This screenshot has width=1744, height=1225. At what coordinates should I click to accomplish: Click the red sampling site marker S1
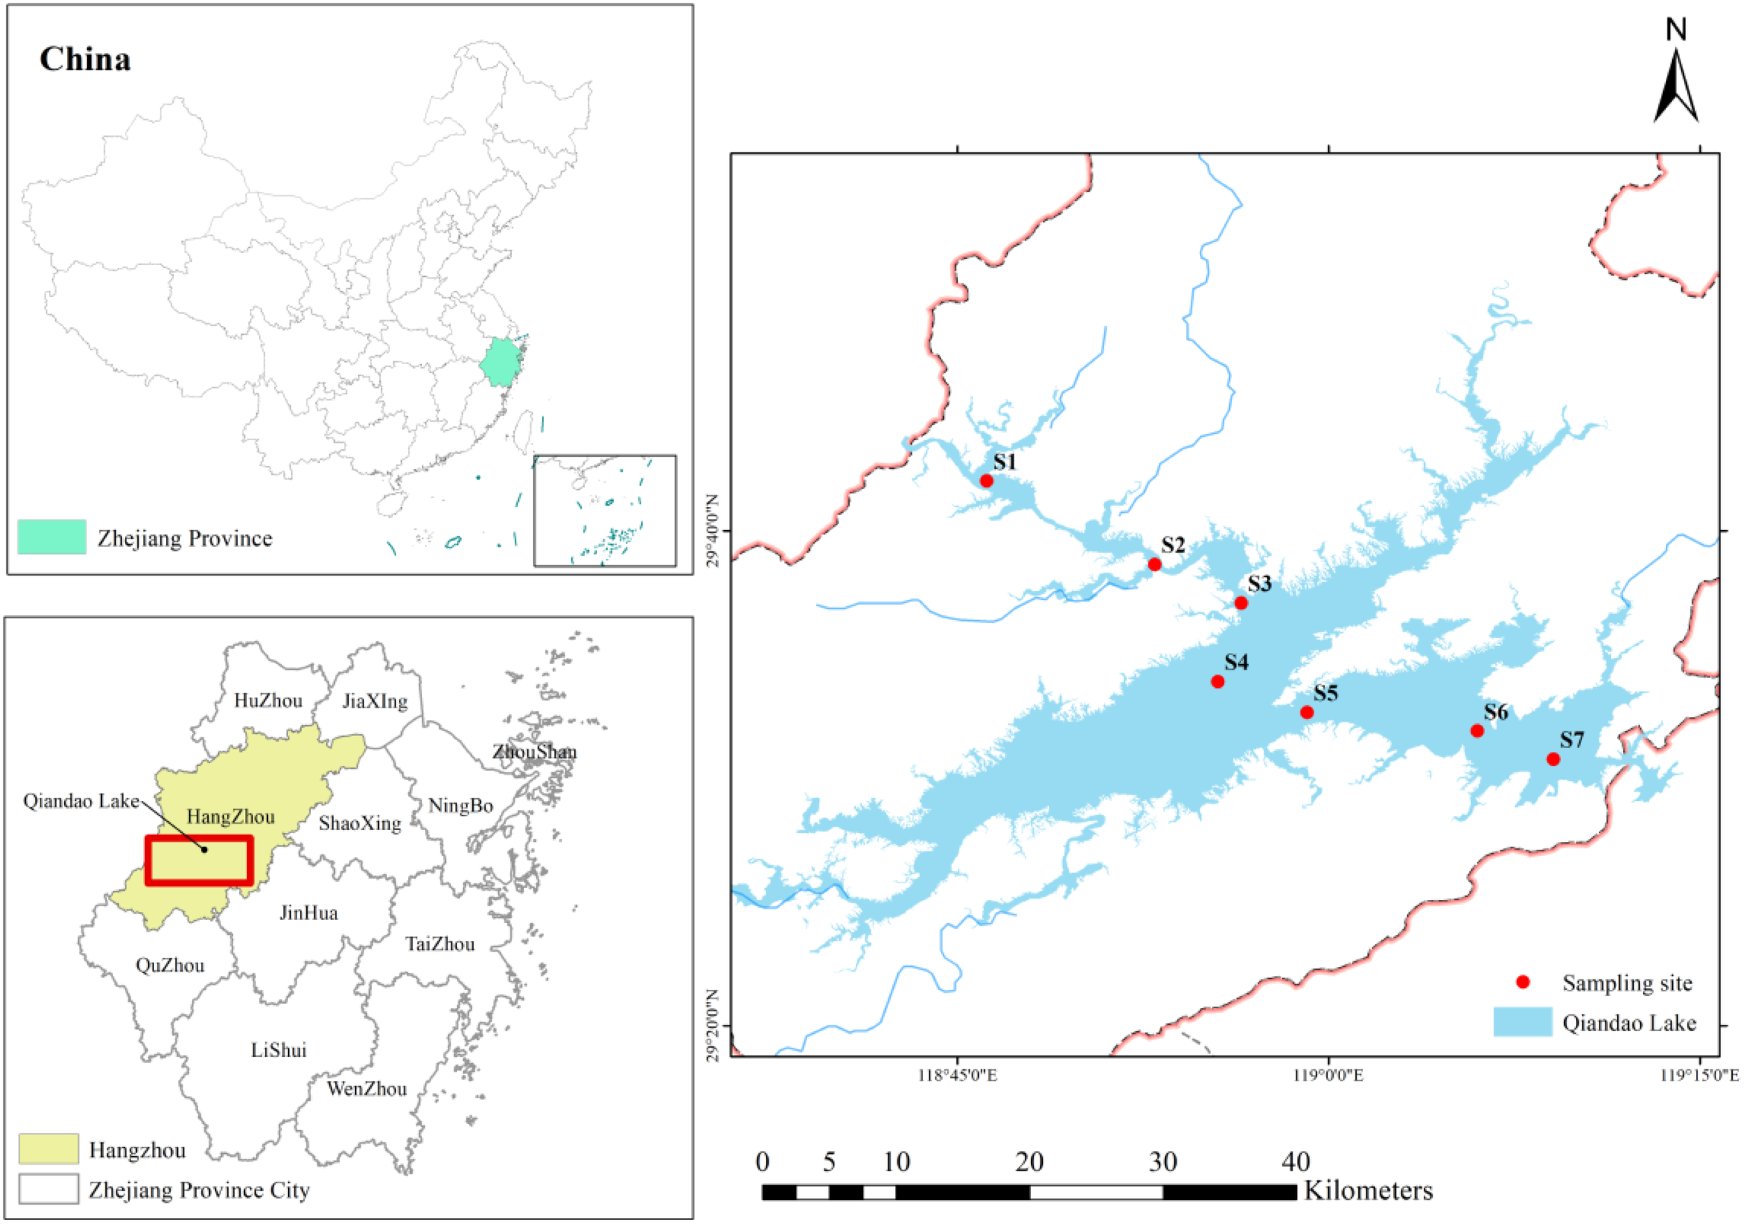pos(986,481)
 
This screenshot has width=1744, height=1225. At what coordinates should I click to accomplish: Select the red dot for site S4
pos(1217,682)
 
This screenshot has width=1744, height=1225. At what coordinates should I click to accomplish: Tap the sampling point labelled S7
pos(1554,760)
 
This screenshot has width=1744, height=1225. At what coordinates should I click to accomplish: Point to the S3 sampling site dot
pos(1241,603)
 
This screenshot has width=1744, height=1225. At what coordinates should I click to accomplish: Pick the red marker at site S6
pos(1478,731)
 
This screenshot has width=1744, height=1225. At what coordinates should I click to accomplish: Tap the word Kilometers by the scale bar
pos(1369,1190)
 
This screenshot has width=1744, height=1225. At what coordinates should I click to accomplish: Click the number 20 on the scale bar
pos(1029,1162)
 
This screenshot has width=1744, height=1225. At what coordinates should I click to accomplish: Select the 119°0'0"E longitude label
pos(1328,1076)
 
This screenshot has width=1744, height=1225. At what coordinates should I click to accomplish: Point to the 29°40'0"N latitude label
pos(712,530)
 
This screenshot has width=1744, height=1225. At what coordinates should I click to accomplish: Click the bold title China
pos(85,59)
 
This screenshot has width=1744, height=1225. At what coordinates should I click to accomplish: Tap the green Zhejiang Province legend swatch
pos(52,537)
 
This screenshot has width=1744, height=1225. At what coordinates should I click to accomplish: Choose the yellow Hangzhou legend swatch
pos(49,1149)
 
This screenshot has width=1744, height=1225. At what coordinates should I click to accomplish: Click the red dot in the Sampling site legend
pos(1522,982)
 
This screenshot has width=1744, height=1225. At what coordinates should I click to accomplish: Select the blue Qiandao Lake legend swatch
pos(1522,1022)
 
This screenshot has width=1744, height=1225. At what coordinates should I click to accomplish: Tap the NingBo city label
pos(460,806)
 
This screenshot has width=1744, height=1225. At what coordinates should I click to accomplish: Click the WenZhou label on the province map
pos(367,1089)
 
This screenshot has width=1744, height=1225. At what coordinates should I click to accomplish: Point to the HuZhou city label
pos(268,700)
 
